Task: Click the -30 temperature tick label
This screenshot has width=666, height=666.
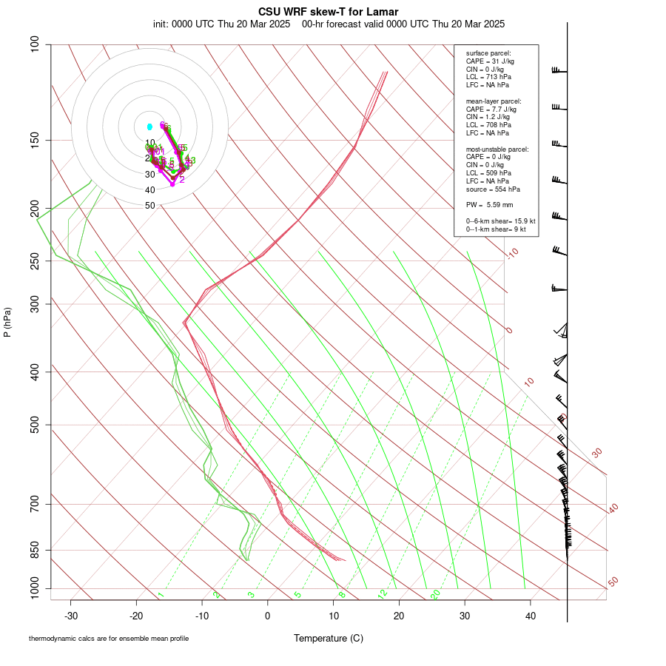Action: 71,616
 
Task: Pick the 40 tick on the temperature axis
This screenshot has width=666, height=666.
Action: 530,616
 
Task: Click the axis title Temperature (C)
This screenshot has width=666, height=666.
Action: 328,638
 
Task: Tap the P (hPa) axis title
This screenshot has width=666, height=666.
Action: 7,322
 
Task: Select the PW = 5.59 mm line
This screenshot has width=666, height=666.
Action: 489,204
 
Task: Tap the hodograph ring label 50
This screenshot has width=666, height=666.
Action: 149,206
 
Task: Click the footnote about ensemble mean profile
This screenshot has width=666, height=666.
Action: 109,639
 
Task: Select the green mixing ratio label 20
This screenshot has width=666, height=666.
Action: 435,594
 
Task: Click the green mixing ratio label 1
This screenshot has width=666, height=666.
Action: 161,594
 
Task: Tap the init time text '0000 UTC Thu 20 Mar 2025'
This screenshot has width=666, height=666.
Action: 231,24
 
